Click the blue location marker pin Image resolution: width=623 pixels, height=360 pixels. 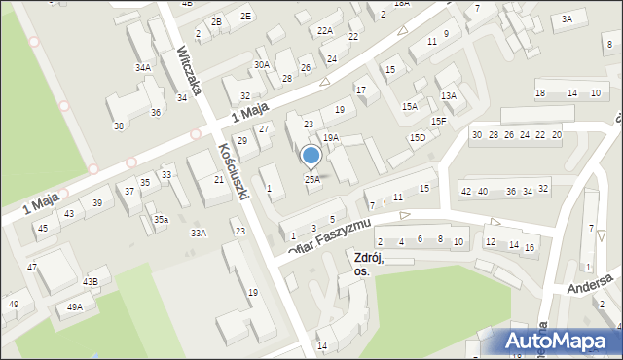pyautogui.click(x=311, y=156)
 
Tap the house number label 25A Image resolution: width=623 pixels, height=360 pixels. pyautogui.click(x=311, y=179)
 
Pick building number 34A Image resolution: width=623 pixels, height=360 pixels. pyautogui.click(x=143, y=67)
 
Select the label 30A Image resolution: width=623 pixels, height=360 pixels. pyautogui.click(x=262, y=64)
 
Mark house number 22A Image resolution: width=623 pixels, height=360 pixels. pyautogui.click(x=325, y=31)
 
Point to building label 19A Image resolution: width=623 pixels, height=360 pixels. pyautogui.click(x=331, y=138)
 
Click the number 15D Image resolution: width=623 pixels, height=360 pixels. pyautogui.click(x=417, y=138)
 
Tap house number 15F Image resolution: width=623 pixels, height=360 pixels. pyautogui.click(x=439, y=121)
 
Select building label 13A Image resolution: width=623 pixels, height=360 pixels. pyautogui.click(x=448, y=95)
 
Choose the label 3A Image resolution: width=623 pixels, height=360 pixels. pyautogui.click(x=567, y=18)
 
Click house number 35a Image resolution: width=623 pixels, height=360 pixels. pyautogui.click(x=161, y=220)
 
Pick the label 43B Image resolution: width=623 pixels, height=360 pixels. pyautogui.click(x=90, y=281)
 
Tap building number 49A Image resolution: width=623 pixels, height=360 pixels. pyautogui.click(x=74, y=307)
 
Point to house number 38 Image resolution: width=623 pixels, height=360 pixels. pyautogui.click(x=119, y=126)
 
